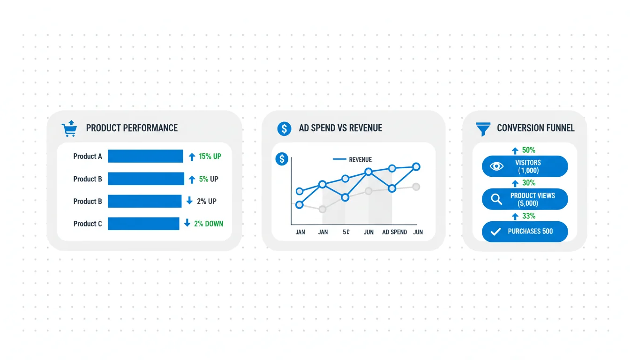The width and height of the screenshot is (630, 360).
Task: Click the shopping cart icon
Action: click(x=69, y=128)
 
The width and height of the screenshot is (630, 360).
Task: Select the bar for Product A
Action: click(x=145, y=156)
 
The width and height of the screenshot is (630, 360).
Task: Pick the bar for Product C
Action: click(x=143, y=224)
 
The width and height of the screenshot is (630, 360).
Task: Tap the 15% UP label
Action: click(x=210, y=157)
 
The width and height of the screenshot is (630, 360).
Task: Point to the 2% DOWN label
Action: click(x=209, y=224)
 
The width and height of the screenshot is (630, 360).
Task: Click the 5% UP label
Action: click(x=209, y=179)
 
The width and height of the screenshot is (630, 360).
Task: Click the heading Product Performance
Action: click(x=132, y=128)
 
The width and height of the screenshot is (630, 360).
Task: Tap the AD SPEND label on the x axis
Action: click(x=394, y=232)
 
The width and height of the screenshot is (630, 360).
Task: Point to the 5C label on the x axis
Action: click(x=346, y=232)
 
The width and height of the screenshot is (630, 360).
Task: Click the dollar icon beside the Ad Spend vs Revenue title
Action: click(x=284, y=129)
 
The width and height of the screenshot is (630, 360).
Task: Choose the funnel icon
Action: click(x=483, y=129)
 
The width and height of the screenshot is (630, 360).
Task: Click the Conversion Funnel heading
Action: click(x=535, y=128)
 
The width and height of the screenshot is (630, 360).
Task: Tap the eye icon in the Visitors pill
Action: click(x=496, y=166)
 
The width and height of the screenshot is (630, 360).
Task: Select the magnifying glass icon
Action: click(x=496, y=199)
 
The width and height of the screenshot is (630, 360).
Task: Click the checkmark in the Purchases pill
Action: click(x=495, y=232)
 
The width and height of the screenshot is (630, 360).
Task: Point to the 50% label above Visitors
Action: click(x=528, y=150)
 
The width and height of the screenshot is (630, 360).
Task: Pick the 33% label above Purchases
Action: click(x=528, y=216)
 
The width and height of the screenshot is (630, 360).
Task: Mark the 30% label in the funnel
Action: click(x=528, y=183)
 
